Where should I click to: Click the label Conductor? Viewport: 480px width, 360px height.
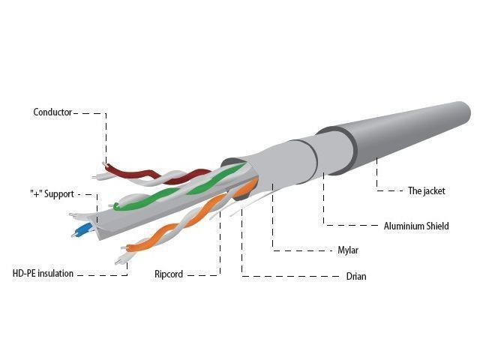click(x=52, y=112)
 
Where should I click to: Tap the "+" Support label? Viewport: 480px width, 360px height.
click(x=52, y=193)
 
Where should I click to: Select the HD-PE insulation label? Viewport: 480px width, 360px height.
click(x=43, y=273)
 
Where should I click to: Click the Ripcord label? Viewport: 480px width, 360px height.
click(x=169, y=274)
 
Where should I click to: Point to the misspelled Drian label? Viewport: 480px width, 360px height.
click(x=356, y=276)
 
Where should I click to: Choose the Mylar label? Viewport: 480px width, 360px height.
click(x=348, y=250)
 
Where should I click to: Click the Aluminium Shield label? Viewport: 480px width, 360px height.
click(x=416, y=226)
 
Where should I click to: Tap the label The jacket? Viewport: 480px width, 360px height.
click(x=427, y=190)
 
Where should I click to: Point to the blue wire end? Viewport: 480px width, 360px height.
click(x=82, y=230)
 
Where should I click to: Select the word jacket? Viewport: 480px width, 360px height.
click(x=434, y=190)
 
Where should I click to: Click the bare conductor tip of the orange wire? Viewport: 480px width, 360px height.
click(x=124, y=247)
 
